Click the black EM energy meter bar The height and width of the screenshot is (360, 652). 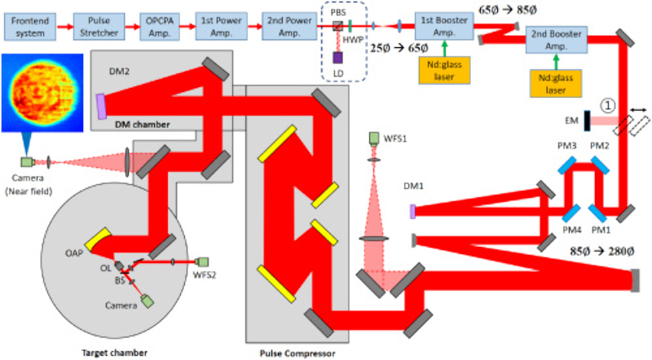coord(586,121)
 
